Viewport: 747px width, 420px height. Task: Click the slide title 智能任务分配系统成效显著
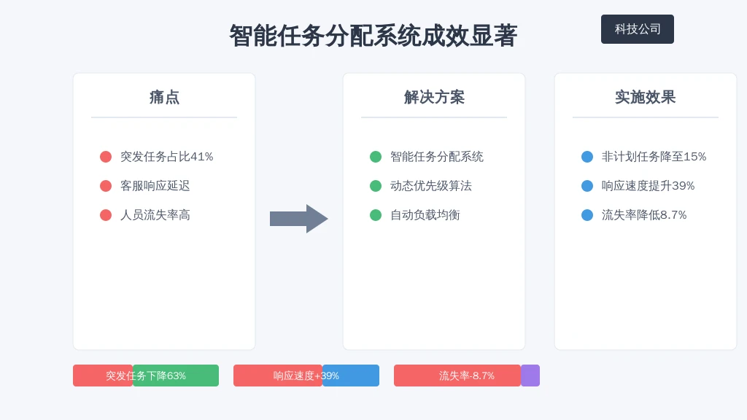pos(373,36)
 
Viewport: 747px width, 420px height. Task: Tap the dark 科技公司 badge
pos(638,29)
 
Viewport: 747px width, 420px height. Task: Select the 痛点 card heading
pos(164,97)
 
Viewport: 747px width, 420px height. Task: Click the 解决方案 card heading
pos(434,97)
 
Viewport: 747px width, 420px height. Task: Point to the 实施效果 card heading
pos(645,97)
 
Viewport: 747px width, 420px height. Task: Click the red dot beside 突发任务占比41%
pos(106,157)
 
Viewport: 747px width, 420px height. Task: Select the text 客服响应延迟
pos(155,186)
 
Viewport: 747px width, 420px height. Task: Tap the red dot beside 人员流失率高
pos(106,215)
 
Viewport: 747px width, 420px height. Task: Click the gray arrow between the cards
pos(298,219)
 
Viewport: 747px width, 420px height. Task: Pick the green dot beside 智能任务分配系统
pos(376,157)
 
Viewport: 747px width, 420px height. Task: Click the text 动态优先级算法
pos(430,186)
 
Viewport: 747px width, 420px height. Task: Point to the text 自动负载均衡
pos(425,215)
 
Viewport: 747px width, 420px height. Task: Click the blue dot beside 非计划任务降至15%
pos(587,157)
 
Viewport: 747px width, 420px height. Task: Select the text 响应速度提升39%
pos(648,186)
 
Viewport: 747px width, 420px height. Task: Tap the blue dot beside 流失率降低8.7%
pos(587,215)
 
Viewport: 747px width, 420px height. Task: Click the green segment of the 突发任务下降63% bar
pos(176,376)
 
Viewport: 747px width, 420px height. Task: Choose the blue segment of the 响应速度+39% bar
pos(351,376)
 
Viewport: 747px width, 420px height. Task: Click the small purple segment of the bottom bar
pos(530,376)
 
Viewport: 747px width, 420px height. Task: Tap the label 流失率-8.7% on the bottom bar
pos(466,376)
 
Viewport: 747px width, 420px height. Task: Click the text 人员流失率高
pos(155,215)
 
